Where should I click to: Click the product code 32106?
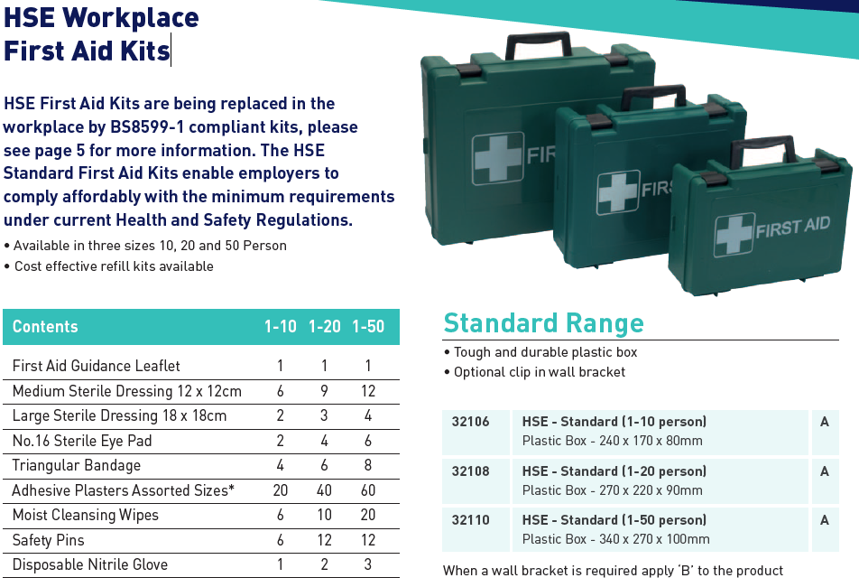click(469, 422)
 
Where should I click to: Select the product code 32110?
click(469, 520)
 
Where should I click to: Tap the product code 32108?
click(469, 471)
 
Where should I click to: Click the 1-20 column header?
click(325, 327)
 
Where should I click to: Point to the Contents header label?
click(45, 327)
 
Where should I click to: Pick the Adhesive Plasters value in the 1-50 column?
click(368, 490)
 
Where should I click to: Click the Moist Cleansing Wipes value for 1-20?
click(325, 516)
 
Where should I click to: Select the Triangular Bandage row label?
click(77, 466)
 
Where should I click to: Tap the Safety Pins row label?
click(48, 540)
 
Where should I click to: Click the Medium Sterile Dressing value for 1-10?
click(281, 391)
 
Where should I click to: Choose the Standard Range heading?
click(543, 323)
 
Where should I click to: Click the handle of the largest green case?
click(539, 41)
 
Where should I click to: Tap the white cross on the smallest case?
click(734, 235)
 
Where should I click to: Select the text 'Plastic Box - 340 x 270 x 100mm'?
click(615, 539)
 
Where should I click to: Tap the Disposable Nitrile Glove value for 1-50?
click(368, 565)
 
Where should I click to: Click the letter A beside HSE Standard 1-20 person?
click(825, 471)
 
